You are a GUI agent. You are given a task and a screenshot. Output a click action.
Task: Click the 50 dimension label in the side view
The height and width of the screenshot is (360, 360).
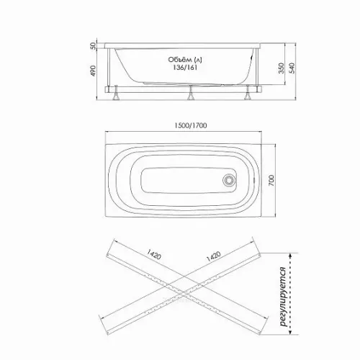coord(93,45)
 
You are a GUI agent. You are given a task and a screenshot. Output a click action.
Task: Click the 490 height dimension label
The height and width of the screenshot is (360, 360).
coord(93,71)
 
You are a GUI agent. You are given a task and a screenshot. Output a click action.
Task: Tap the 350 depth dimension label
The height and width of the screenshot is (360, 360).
coord(282,68)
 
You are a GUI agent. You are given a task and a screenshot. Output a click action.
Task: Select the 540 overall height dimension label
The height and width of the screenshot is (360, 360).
coord(292,68)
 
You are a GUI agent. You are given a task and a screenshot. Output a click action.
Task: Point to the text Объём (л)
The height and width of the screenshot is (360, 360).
coord(185,59)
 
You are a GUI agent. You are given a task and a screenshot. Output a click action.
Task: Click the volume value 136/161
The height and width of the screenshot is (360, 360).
coord(185,68)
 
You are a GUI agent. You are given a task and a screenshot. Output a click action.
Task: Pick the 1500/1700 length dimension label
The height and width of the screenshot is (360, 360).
coord(190,125)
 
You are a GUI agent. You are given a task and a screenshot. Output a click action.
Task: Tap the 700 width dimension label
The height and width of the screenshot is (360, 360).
coord(271,181)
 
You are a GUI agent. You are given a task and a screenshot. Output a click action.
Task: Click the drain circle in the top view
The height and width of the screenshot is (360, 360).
coord(228,180)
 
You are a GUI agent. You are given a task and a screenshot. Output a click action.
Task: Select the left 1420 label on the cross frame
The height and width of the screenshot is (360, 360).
coord(153,254)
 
